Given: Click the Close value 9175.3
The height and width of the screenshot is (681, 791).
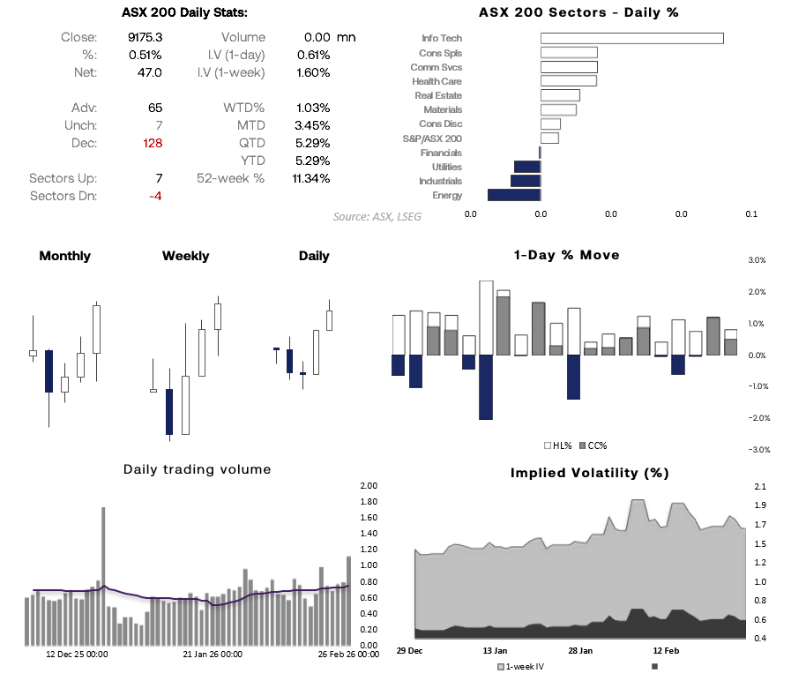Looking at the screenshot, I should [x=145, y=37].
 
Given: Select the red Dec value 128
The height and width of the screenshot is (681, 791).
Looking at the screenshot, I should [x=153, y=143].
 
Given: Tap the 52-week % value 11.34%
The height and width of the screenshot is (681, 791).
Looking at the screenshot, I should [x=311, y=178].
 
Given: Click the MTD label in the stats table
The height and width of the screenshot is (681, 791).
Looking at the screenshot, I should [x=251, y=125].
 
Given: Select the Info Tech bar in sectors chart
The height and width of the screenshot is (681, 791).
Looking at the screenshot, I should [x=631, y=38].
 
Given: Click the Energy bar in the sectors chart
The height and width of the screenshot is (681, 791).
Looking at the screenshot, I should [x=513, y=195].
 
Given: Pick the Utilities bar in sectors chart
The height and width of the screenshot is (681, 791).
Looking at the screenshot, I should [x=526, y=167].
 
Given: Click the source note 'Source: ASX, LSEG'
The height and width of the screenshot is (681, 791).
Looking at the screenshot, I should [x=377, y=216].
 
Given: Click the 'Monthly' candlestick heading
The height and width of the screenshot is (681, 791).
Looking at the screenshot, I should [x=64, y=256].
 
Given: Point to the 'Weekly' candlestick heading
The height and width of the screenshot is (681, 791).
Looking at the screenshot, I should [x=185, y=256].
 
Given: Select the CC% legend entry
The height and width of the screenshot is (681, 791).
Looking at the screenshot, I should [x=595, y=445].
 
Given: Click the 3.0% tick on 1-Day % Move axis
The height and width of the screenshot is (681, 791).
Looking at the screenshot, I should [x=757, y=260].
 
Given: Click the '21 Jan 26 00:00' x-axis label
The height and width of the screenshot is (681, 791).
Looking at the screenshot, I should [x=213, y=655].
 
